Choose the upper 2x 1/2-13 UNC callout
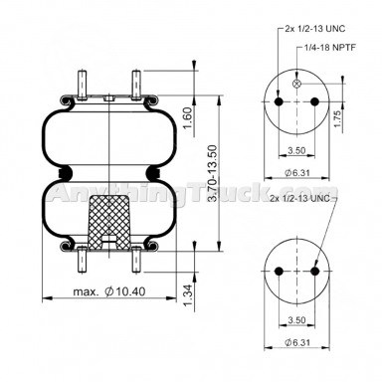click(316, 28)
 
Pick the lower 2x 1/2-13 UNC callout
click(303, 201)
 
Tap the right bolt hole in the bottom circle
click(315, 270)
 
